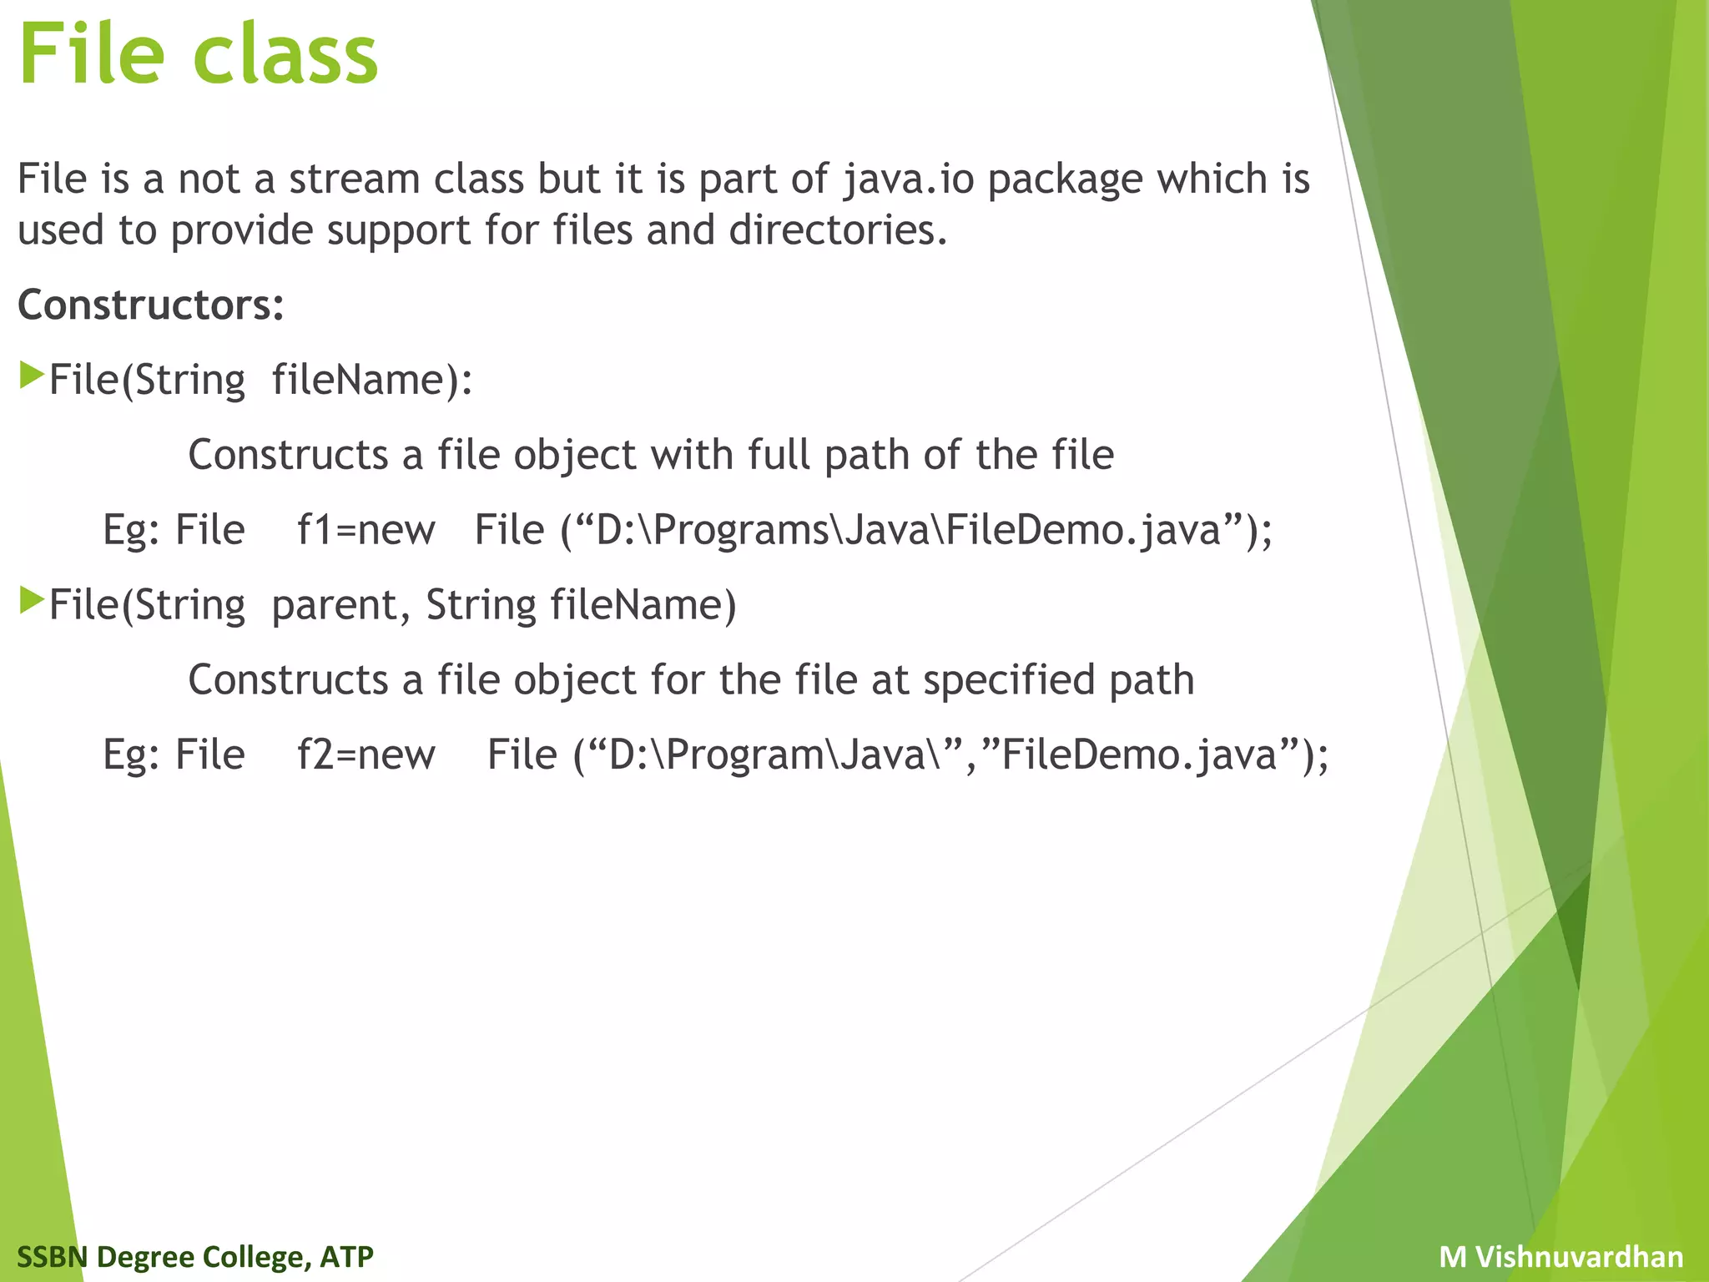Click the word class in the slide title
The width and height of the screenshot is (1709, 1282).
286,54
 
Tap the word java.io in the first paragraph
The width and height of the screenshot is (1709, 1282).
908,179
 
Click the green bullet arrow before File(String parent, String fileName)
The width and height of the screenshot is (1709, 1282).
31,600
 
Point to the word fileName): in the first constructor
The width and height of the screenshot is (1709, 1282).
372,380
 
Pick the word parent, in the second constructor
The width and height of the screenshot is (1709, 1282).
341,606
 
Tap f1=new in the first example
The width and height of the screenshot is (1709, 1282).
366,530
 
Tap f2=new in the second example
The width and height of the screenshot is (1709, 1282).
366,755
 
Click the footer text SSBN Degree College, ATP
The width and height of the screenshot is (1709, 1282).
195,1256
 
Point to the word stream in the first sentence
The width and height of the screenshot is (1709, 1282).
354,179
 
